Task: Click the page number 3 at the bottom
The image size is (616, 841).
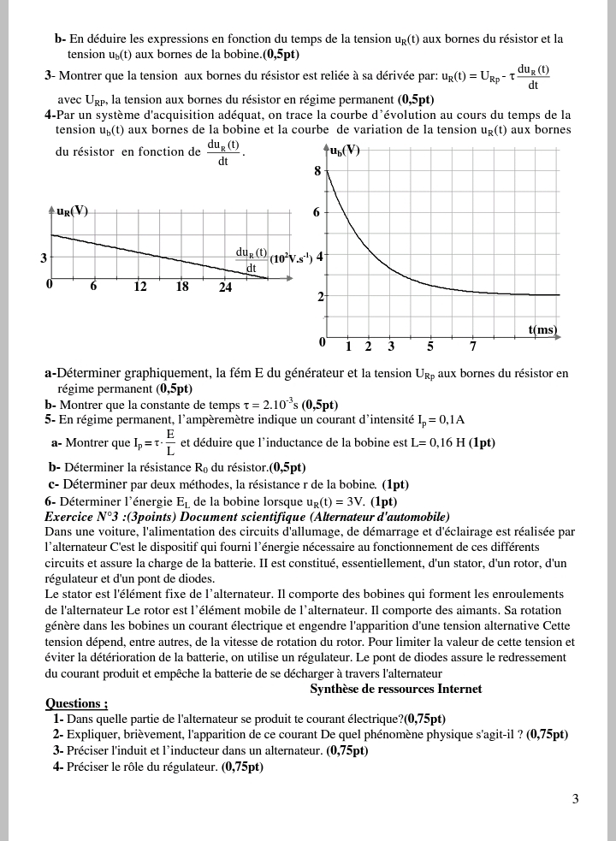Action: pos(576,799)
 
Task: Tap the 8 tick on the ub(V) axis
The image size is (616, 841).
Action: pos(317,171)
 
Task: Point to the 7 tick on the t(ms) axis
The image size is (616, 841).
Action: pos(473,346)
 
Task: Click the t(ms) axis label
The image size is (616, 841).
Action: pos(542,329)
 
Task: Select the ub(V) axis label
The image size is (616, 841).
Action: pos(344,150)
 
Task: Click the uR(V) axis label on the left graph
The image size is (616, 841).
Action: pos(72,210)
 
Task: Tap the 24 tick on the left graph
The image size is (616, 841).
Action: pos(225,287)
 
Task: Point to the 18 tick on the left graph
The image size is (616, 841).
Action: pos(182,287)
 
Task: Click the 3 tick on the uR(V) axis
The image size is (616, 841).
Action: pos(44,257)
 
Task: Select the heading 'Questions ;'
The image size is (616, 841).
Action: pos(76,703)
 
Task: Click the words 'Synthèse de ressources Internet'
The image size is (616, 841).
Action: pos(395,689)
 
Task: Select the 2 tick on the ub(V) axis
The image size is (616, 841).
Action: pos(321,297)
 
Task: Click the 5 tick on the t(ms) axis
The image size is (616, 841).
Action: pos(430,346)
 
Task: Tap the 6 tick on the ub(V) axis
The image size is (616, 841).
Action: pos(317,212)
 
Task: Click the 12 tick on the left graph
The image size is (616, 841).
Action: pos(139,287)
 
